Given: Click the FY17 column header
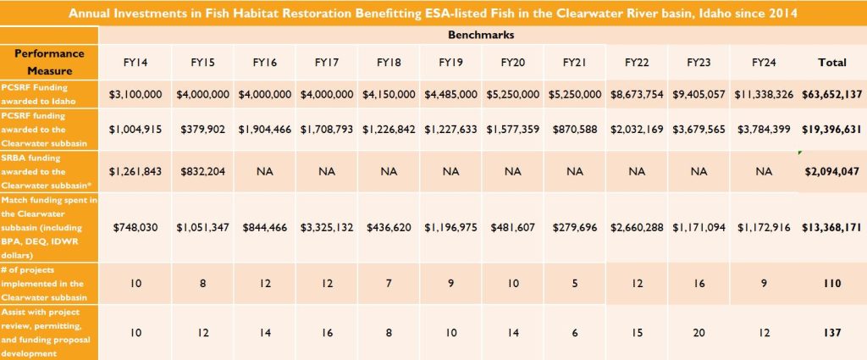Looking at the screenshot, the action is tap(326, 63).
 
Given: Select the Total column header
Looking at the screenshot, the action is tap(831, 63).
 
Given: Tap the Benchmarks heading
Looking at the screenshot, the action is tap(481, 35).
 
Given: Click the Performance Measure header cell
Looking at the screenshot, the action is tap(50, 62).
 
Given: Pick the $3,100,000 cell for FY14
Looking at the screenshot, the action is tap(135, 95).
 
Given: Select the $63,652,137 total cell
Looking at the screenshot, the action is tap(831, 95).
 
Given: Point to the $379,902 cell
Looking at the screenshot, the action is tap(202, 130).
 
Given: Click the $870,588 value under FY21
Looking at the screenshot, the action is tap(575, 130).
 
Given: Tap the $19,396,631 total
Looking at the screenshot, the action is tap(831, 130).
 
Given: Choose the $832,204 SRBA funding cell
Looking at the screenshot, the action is tap(202, 171).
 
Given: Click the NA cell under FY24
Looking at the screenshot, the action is tap(764, 171).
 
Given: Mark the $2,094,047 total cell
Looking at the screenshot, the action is tap(831, 171).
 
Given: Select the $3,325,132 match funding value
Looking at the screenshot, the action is tap(327, 227).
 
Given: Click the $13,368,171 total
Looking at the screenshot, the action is tap(831, 227).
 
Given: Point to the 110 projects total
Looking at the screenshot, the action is tap(831, 284).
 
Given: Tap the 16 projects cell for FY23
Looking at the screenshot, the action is tap(699, 284).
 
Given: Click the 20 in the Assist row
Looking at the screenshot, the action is tap(699, 332).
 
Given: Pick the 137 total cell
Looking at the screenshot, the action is tap(831, 332).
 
